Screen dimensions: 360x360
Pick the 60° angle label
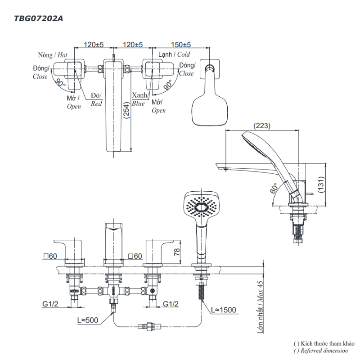click(274, 189)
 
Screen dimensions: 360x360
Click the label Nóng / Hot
click(52, 54)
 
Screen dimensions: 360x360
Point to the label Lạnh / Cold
click(173, 54)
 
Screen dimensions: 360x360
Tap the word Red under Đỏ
click(96, 103)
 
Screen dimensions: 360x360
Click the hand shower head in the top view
click(210, 106)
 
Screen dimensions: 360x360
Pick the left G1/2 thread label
click(50, 305)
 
